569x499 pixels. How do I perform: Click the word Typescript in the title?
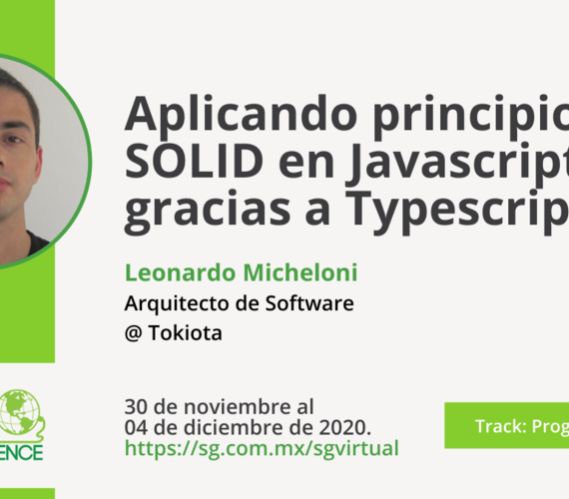(x=439, y=212)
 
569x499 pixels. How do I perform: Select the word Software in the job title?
(x=304, y=302)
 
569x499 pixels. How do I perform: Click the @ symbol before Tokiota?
(x=134, y=332)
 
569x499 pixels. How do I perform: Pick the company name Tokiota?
(x=185, y=332)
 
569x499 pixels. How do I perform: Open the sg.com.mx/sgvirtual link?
(x=261, y=448)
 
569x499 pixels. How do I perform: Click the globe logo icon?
(x=17, y=410)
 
